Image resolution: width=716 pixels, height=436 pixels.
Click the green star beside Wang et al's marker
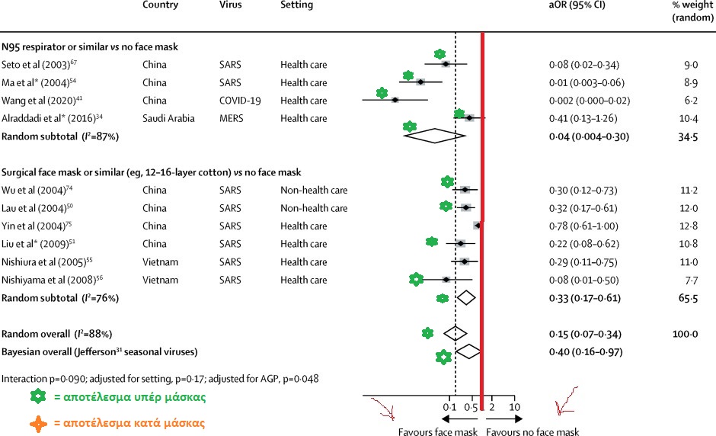(382, 93)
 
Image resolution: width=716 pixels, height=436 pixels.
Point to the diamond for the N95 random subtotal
(433, 136)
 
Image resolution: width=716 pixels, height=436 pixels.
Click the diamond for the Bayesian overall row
(467, 351)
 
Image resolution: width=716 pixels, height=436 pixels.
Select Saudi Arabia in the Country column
(168, 118)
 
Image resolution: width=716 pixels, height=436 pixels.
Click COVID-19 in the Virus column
(238, 101)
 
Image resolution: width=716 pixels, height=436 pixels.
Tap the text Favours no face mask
(532, 431)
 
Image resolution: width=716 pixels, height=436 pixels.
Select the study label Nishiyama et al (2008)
(46, 280)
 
